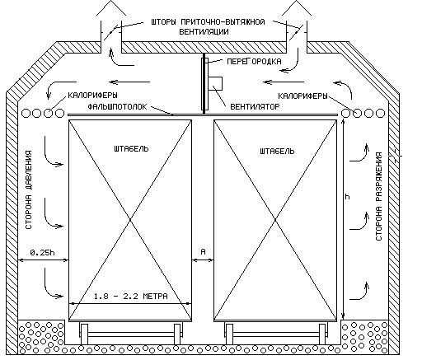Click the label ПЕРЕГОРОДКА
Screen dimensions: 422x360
254,61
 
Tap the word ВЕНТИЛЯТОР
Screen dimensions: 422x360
255,106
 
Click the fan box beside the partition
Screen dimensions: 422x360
215,83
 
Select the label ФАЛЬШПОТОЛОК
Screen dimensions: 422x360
118,106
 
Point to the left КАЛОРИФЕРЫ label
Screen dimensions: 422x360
92,96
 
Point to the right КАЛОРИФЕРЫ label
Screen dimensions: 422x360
302,96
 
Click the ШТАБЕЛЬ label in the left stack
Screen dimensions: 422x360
131,148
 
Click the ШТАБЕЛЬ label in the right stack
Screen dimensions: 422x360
277,151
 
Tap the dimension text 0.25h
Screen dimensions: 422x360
42,252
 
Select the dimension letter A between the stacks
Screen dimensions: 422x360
204,251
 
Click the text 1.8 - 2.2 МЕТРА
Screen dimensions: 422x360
131,297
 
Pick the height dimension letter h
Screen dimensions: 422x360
347,197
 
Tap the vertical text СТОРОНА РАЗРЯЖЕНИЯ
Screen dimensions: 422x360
379,196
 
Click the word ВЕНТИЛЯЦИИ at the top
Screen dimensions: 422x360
204,31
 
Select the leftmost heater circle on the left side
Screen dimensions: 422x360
26,113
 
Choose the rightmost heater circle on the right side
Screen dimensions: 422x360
380,113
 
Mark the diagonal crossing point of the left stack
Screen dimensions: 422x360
130,220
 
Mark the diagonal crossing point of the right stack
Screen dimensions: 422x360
275,220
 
